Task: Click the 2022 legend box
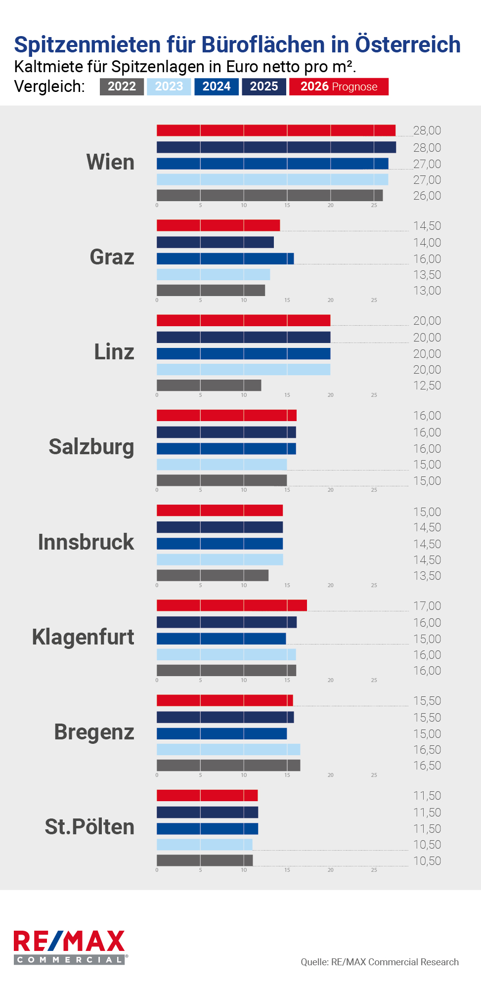click(x=122, y=86)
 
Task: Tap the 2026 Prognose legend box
click(x=339, y=86)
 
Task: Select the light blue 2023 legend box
click(x=169, y=86)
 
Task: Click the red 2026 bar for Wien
click(x=276, y=130)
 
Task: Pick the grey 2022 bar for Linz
click(x=209, y=385)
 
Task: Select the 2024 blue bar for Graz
click(x=225, y=258)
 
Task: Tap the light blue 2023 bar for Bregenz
click(x=228, y=749)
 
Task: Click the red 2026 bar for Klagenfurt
click(x=231, y=605)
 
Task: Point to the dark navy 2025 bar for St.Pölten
click(x=207, y=812)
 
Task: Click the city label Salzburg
click(x=91, y=447)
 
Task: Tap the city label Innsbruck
click(x=86, y=542)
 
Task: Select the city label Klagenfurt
click(x=83, y=637)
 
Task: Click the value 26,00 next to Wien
click(x=427, y=196)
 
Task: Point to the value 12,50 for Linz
click(x=427, y=386)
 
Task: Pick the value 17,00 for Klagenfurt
click(x=427, y=606)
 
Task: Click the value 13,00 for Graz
click(x=427, y=291)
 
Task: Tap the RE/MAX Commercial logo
click(x=70, y=946)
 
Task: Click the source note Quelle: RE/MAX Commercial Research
click(x=380, y=962)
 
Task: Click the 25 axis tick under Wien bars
click(x=374, y=205)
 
